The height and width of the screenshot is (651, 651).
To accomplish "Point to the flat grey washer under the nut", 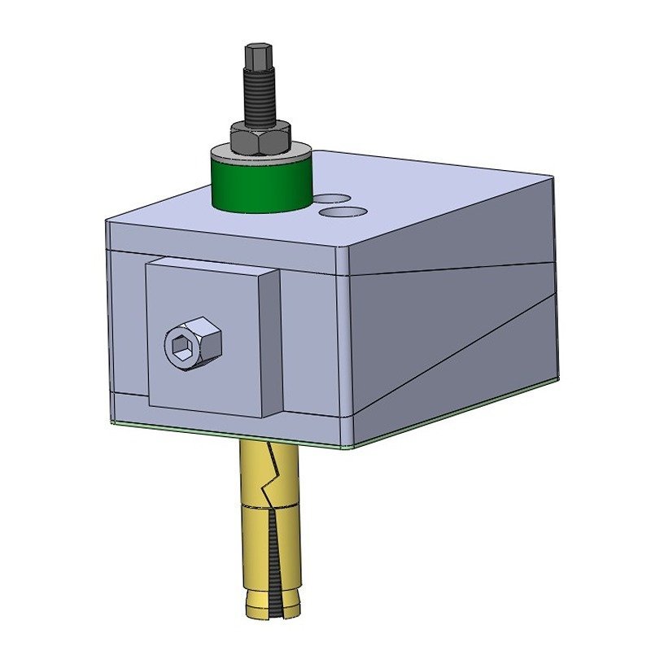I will pyautogui.click(x=260, y=152).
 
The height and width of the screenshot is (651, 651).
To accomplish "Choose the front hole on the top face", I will pyautogui.click(x=343, y=212).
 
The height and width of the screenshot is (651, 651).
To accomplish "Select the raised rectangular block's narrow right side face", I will pyautogui.click(x=273, y=342).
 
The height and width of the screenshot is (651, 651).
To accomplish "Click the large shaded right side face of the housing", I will pyautogui.click(x=456, y=325).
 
